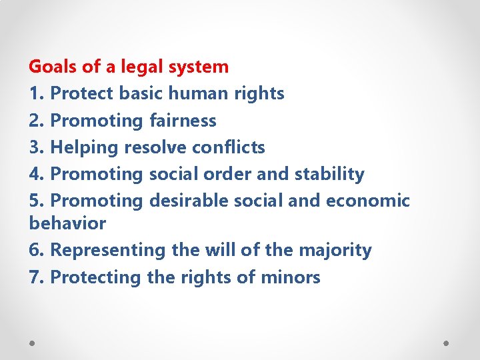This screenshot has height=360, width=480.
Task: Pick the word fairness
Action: tap(183, 121)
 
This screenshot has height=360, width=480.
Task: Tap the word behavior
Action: tap(67, 223)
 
